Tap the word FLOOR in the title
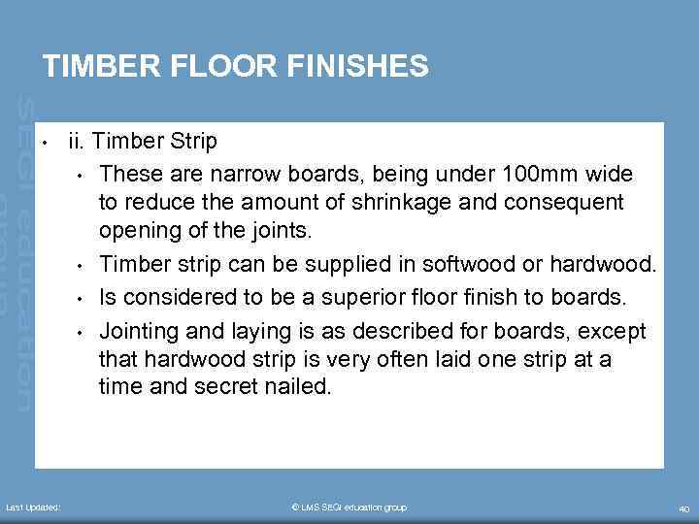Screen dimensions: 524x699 (222, 66)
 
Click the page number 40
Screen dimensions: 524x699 (683, 508)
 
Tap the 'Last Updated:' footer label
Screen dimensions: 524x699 (33, 508)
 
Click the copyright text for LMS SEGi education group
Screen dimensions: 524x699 (349, 508)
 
